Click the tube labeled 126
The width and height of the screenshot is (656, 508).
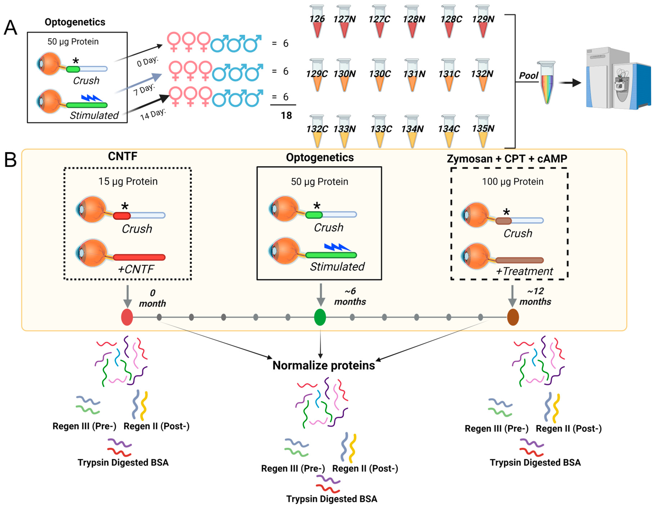(317, 23)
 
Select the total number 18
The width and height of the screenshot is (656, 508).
(286, 115)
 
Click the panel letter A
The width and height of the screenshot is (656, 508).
(10, 28)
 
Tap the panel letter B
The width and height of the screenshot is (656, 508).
(10, 160)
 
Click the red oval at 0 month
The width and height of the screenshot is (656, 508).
(127, 317)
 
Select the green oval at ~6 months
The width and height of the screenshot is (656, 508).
(320, 317)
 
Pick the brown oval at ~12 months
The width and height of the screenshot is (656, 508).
(513, 317)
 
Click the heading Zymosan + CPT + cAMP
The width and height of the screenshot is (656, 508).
(507, 159)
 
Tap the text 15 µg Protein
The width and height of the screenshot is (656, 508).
(128, 181)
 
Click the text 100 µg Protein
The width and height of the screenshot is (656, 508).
(513, 182)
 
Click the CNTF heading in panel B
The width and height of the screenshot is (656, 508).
(122, 156)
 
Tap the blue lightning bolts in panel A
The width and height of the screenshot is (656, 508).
(92, 98)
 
